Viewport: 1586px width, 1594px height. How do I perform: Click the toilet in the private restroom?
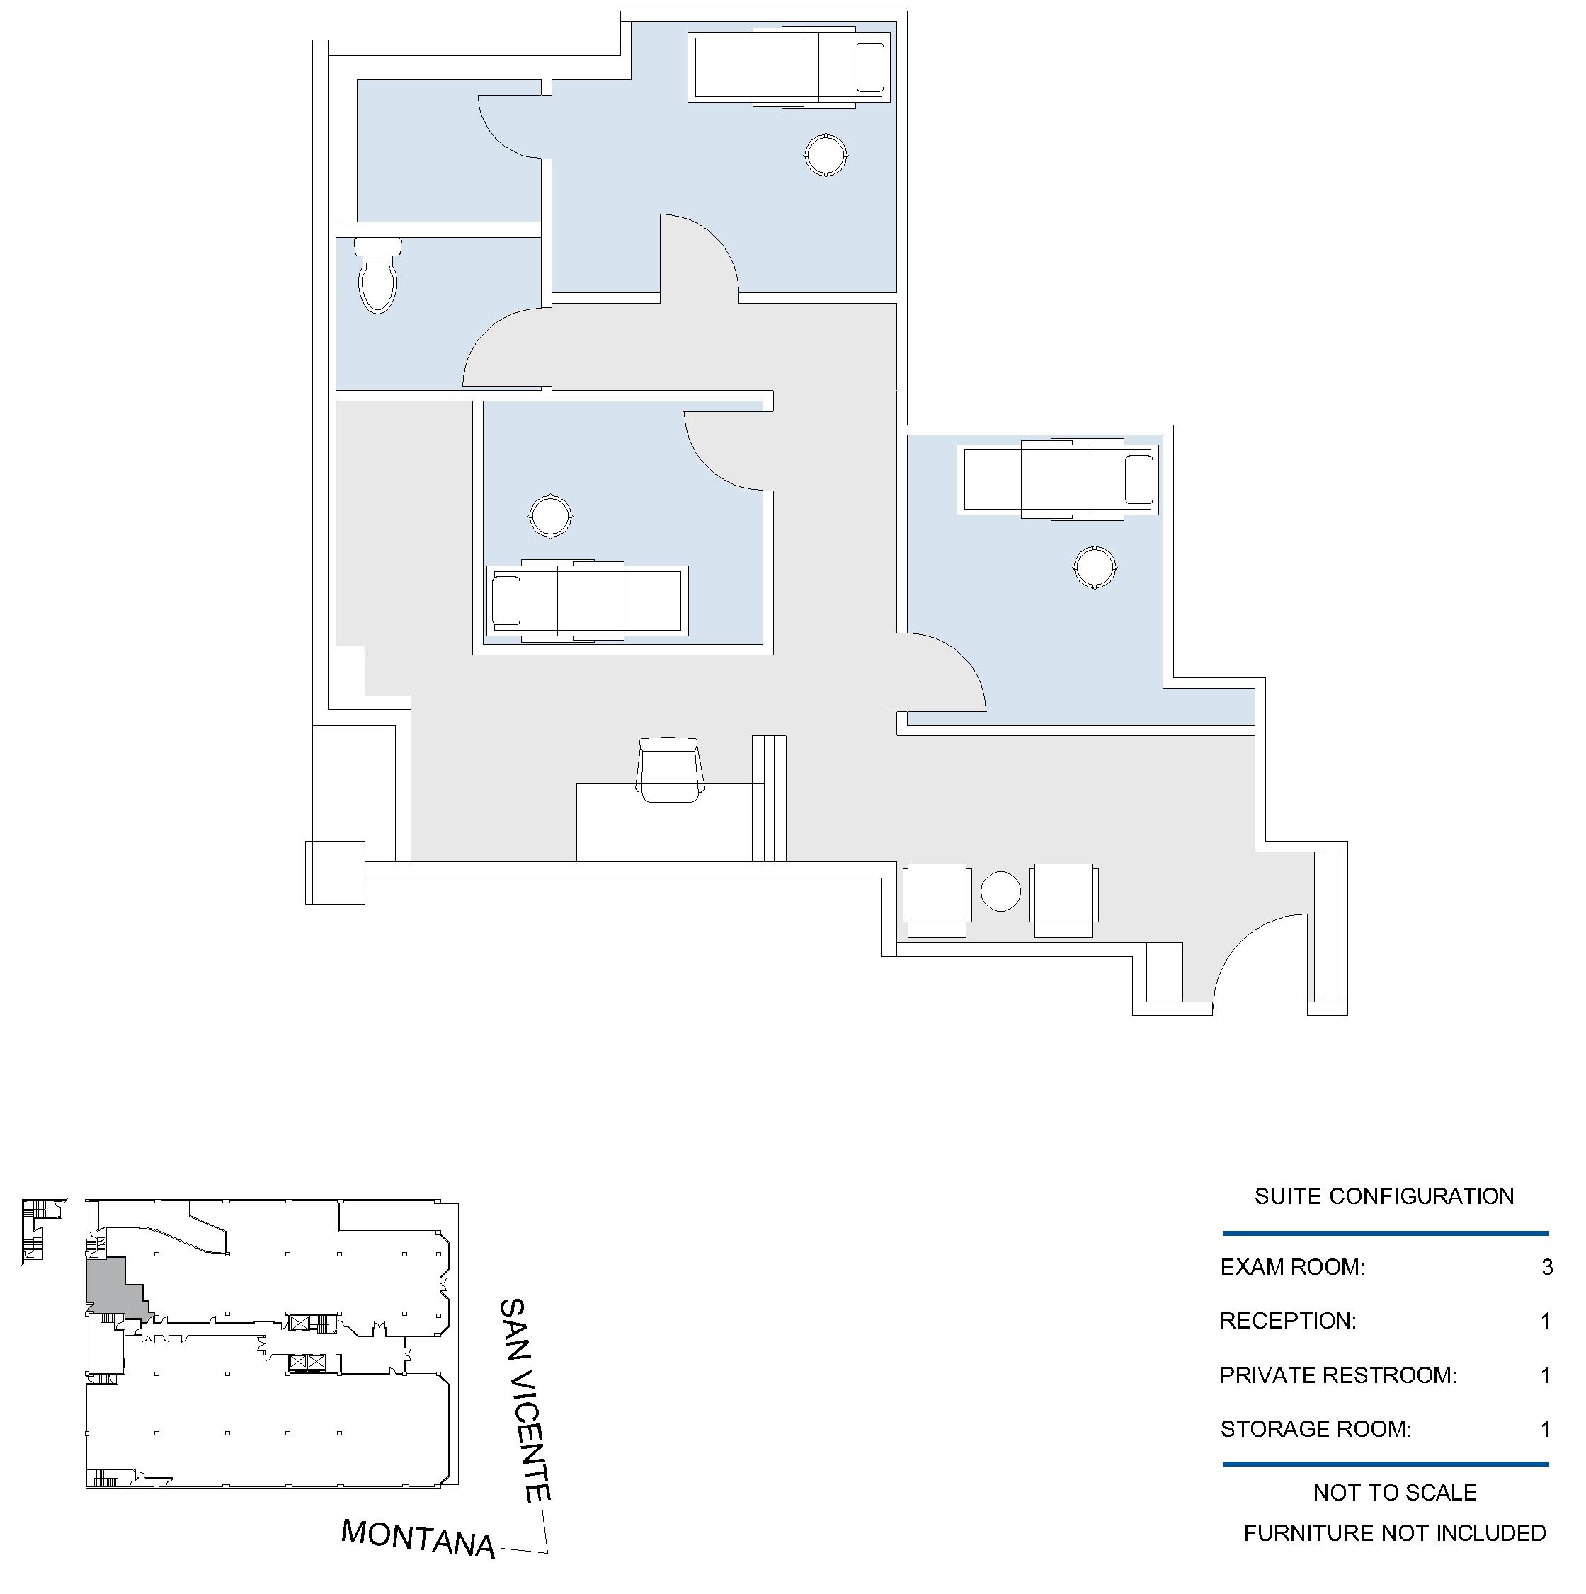tap(379, 275)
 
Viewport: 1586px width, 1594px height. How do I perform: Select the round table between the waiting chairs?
tap(1001, 891)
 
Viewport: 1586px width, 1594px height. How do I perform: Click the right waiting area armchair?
tap(1063, 900)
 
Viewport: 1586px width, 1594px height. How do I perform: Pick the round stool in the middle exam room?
tap(550, 516)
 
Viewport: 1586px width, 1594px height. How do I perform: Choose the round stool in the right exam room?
tap(1095, 567)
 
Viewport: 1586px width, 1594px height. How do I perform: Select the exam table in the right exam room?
tap(1058, 479)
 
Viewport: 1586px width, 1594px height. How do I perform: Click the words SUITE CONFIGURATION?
tap(1384, 1196)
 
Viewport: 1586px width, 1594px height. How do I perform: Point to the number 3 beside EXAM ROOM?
tap(1546, 1266)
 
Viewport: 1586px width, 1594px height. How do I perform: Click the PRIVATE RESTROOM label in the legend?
tap(1337, 1375)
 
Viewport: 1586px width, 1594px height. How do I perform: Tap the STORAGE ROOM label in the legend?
tap(1316, 1429)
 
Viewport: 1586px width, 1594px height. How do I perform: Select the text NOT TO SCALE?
tap(1395, 1493)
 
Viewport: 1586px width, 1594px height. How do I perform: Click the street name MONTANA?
tap(418, 1537)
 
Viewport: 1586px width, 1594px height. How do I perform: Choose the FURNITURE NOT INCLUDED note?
tap(1395, 1533)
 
